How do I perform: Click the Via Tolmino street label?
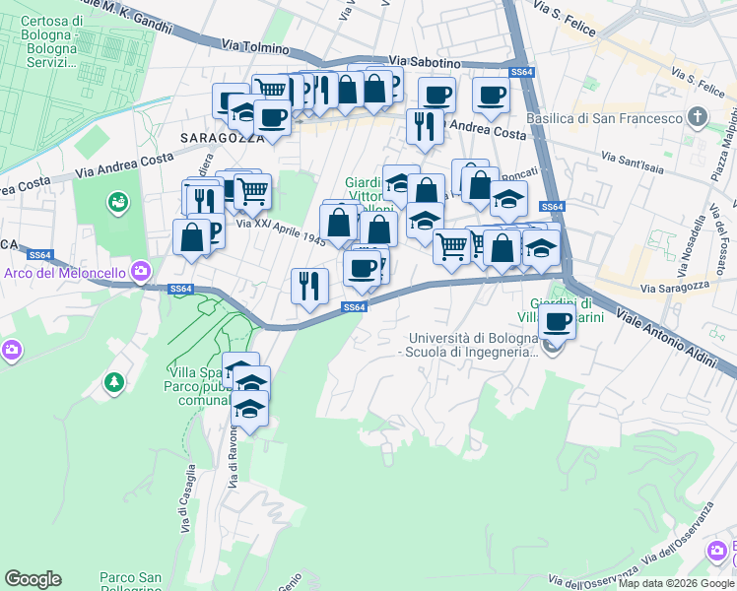click(x=255, y=46)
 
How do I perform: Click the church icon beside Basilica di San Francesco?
click(x=698, y=119)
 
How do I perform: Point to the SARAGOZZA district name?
click(x=223, y=138)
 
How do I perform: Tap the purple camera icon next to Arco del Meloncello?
click(x=142, y=270)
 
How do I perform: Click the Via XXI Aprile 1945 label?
click(x=281, y=237)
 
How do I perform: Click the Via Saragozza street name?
click(x=675, y=289)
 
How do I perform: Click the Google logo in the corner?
click(x=33, y=579)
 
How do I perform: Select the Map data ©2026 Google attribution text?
click(x=676, y=584)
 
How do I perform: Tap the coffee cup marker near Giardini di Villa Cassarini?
click(x=557, y=321)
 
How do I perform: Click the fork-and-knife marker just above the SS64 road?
click(x=309, y=286)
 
